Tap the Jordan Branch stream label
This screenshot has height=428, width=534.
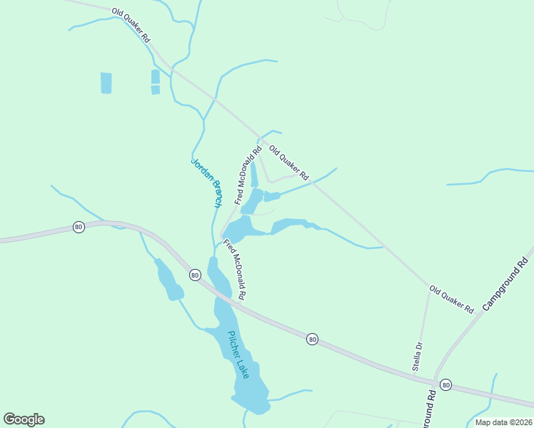(206, 183)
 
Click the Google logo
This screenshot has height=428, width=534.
(24, 419)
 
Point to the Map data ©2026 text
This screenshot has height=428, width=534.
(503, 422)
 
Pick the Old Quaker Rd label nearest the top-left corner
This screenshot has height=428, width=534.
(131, 26)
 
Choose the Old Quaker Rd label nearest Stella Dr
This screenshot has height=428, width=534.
(451, 300)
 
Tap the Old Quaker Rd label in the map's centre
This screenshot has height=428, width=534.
(288, 162)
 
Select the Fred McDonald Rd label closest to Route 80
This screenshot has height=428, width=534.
(235, 269)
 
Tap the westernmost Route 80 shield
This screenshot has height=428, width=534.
(78, 227)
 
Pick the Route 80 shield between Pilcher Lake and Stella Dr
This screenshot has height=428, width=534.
(312, 339)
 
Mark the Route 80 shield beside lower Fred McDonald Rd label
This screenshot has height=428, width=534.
(194, 274)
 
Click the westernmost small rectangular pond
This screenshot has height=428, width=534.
(106, 83)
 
